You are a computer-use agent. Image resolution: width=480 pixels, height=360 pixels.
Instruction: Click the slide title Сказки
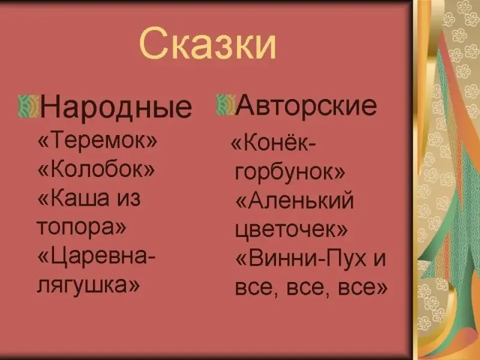(208, 43)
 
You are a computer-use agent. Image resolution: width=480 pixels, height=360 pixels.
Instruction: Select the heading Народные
(116, 107)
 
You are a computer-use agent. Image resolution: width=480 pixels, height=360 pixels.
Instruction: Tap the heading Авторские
(306, 105)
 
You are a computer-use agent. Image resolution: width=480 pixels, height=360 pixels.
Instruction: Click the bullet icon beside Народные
(28, 106)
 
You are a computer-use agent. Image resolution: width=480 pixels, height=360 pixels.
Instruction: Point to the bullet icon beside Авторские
(226, 104)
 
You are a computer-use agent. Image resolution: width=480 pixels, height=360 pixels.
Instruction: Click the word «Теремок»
(97, 140)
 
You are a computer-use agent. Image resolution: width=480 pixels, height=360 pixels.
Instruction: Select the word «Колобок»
(96, 169)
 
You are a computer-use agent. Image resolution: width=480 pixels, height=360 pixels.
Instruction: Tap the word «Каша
(73, 198)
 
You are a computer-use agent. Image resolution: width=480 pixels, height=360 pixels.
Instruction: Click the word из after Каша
(129, 199)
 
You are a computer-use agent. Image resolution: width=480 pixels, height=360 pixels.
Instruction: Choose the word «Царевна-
(97, 257)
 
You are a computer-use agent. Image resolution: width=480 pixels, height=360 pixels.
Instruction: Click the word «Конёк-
(273, 143)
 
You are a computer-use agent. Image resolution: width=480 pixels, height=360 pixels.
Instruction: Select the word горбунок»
(290, 172)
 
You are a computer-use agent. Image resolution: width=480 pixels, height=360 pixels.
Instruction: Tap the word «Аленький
(295, 201)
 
